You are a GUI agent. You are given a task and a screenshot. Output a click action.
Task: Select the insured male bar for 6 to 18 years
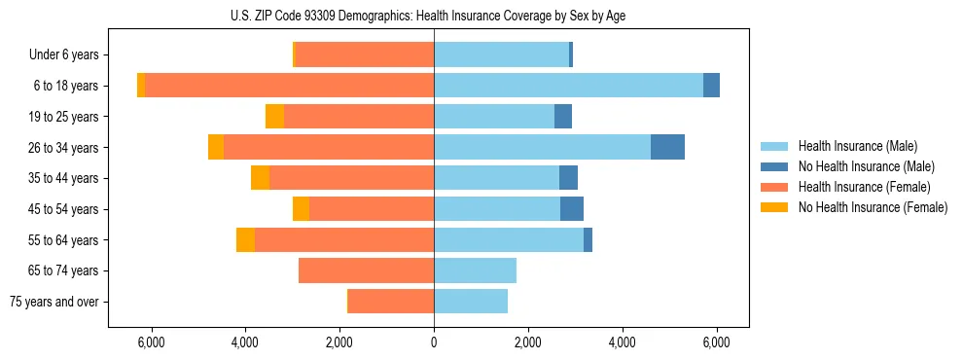[x=568, y=86]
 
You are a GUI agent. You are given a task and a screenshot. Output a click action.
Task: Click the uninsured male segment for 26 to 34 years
[x=667, y=147]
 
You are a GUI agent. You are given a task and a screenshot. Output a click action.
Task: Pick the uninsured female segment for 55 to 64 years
[x=245, y=239]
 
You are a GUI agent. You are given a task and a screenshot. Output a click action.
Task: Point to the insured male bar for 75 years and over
[x=471, y=302]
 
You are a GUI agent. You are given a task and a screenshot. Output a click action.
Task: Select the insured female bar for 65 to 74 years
[x=366, y=270]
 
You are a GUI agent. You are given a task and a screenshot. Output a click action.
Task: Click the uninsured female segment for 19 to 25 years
[x=274, y=117]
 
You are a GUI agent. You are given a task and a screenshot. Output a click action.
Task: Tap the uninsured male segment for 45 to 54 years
[x=572, y=209]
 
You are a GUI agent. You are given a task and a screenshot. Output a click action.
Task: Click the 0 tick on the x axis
[x=434, y=342]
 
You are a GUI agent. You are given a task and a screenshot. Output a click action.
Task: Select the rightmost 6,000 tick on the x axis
[x=716, y=342]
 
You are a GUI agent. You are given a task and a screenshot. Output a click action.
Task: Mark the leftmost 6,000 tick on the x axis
[x=151, y=342]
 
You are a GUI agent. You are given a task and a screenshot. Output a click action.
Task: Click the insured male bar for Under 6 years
[x=501, y=54]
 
